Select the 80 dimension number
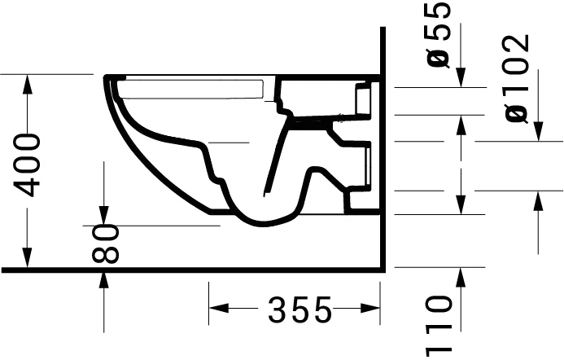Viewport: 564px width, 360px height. (106, 244)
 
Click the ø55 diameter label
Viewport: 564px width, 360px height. (439, 35)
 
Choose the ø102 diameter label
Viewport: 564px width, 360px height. (518, 79)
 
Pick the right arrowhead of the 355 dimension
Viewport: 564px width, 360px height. (374, 309)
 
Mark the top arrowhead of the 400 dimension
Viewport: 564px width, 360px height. (28, 82)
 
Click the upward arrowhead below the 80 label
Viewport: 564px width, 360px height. (104, 278)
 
